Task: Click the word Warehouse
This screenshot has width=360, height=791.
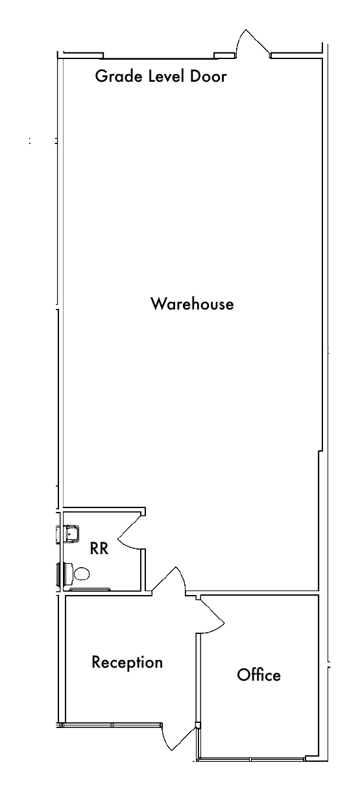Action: tap(192, 304)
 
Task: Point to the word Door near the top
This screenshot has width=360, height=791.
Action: tap(208, 76)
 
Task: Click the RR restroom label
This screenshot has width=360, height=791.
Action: tap(99, 548)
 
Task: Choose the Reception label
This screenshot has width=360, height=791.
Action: tap(127, 663)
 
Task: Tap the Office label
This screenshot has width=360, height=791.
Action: tap(259, 675)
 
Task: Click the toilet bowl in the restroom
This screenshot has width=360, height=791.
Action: tap(82, 574)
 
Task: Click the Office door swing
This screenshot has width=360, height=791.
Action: tap(211, 616)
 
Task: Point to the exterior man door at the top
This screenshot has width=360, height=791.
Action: tap(254, 43)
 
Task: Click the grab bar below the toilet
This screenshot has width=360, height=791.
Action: tap(90, 589)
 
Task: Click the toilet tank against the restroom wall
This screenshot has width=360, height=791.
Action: tap(67, 574)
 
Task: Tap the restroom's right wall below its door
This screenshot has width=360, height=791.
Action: tap(143, 570)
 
